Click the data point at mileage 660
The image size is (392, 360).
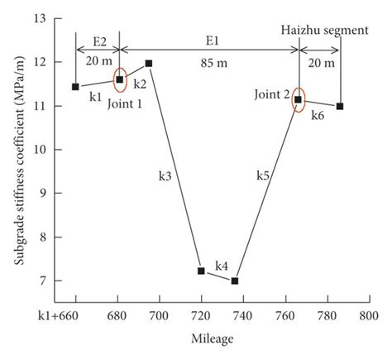pyautogui.click(x=75, y=87)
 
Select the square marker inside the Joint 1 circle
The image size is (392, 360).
pyautogui.click(x=120, y=79)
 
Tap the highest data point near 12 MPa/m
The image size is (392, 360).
pyautogui.click(x=149, y=63)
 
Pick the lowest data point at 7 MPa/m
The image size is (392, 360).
pyautogui.click(x=235, y=281)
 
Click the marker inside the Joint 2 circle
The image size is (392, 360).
pyautogui.click(x=299, y=99)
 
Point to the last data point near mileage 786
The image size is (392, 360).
pyautogui.click(x=340, y=106)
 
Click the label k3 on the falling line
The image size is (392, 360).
pyautogui.click(x=165, y=175)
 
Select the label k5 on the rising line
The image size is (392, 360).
pyautogui.click(x=263, y=175)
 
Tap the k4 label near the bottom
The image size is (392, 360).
pyautogui.click(x=222, y=266)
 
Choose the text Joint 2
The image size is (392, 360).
pyautogui.click(x=274, y=94)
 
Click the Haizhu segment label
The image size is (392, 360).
pyautogui.click(x=325, y=31)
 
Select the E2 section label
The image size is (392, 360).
pyautogui.click(x=100, y=40)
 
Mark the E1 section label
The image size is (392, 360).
pyautogui.click(x=211, y=40)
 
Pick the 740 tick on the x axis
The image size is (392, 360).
pyautogui.click(x=243, y=316)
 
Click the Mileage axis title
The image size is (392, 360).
pyautogui.click(x=213, y=338)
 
